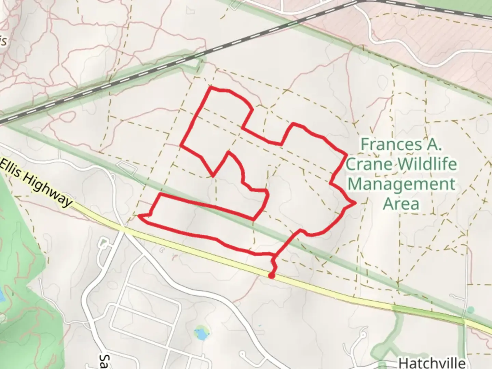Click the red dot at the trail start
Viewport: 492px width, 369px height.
271,276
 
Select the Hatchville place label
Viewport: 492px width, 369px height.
432,363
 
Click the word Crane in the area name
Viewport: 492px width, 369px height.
369,164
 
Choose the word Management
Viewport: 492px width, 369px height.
401,184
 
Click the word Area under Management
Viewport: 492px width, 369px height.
401,204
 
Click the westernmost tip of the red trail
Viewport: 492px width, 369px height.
139,216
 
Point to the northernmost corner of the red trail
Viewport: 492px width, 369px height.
210,87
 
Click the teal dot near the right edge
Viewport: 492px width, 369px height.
471,310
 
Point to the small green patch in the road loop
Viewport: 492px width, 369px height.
103,244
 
